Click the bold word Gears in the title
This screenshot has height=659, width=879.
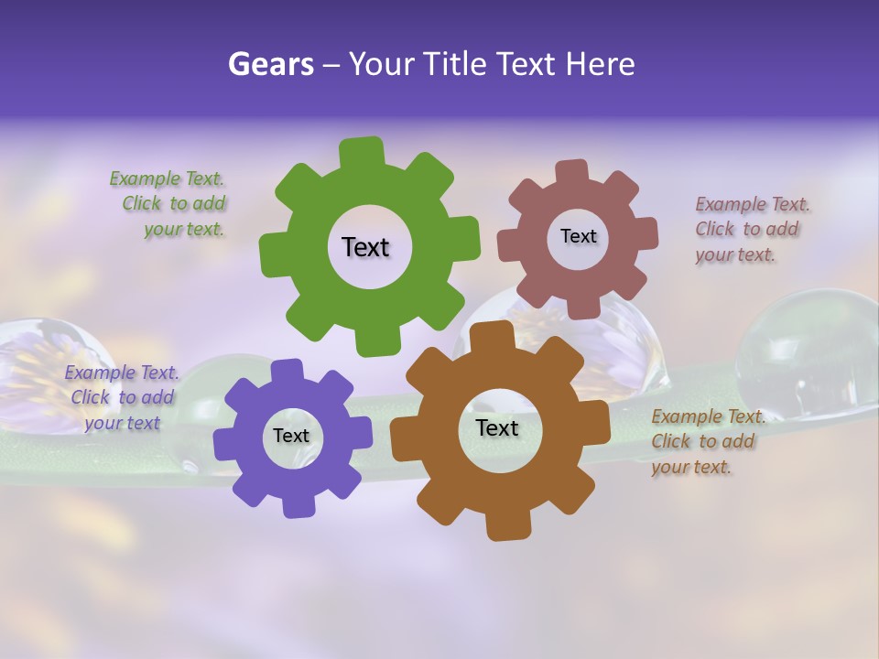coord(271,63)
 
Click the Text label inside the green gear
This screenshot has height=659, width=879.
coord(365,247)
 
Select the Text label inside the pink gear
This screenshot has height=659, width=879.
coord(578,236)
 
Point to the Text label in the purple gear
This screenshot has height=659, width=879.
coord(291,436)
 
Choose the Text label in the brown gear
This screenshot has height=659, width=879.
coord(497,427)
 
